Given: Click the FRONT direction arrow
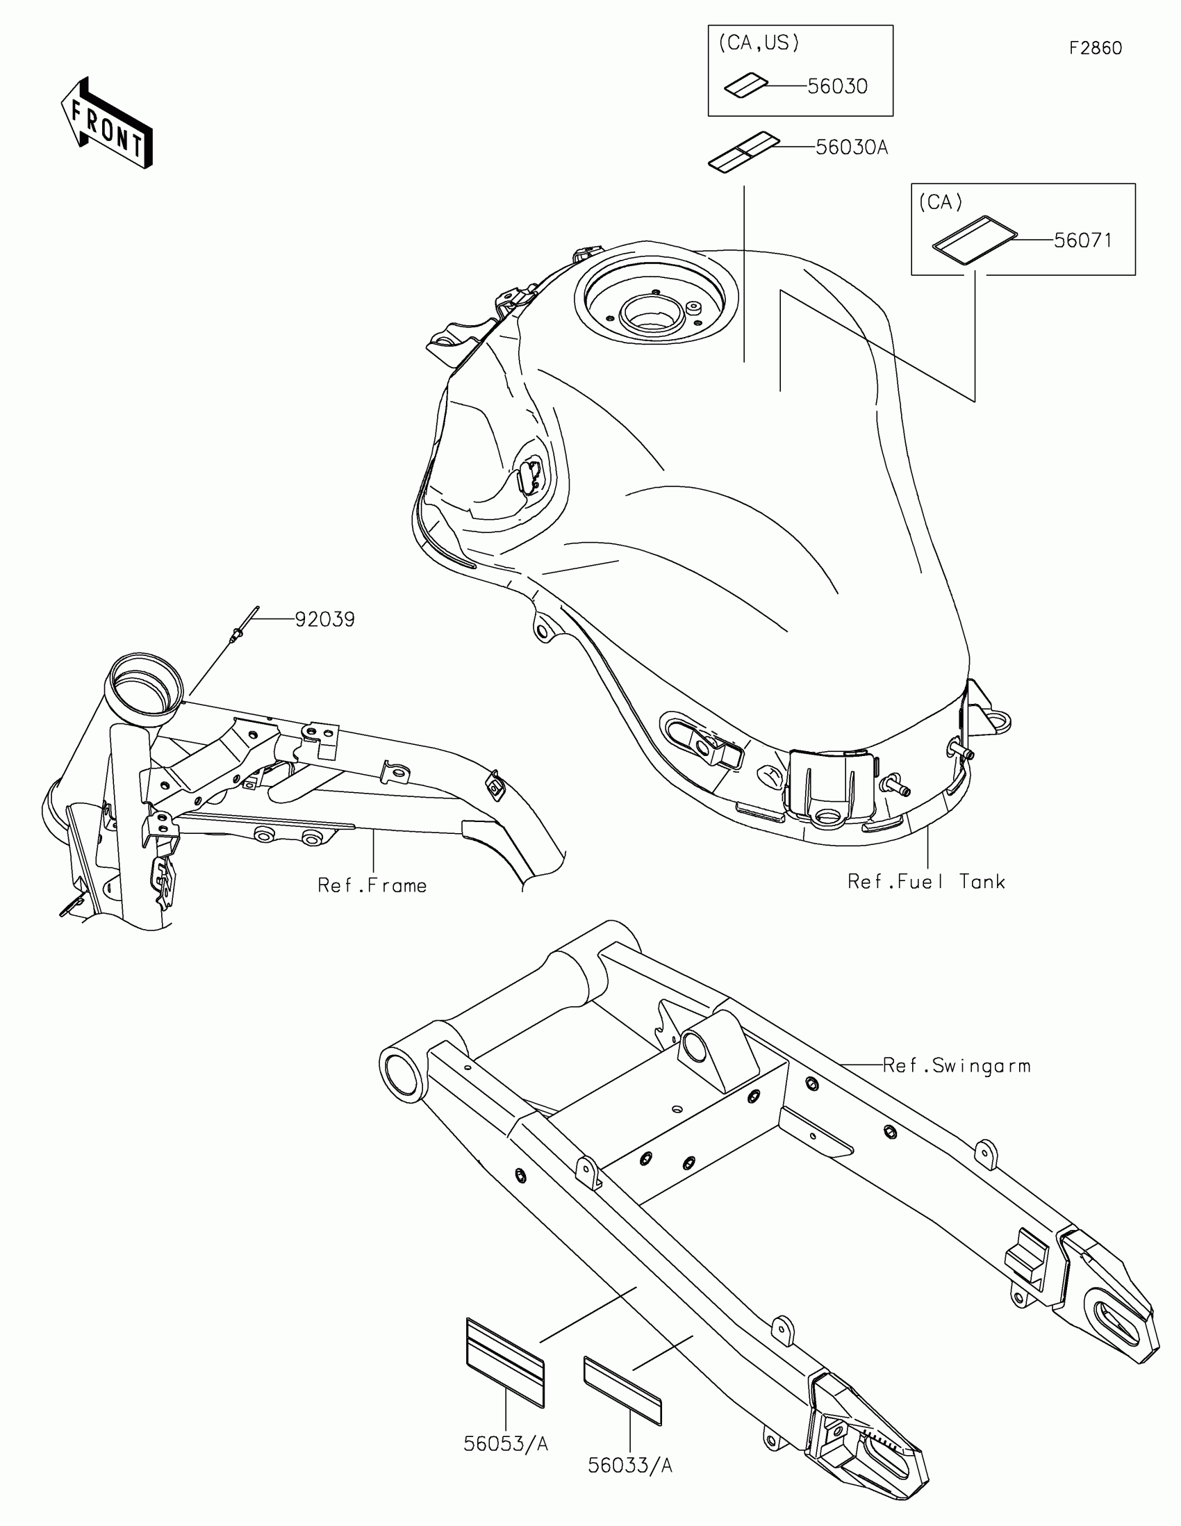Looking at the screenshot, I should click(106, 124).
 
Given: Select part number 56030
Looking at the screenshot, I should click(836, 87).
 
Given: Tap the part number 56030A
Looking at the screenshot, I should click(851, 147).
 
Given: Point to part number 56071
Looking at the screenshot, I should click(1082, 240).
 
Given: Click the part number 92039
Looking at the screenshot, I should click(324, 620).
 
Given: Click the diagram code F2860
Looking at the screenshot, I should click(1095, 48).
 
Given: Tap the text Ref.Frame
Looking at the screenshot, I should click(372, 886).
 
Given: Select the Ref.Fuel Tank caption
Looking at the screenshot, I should click(926, 882).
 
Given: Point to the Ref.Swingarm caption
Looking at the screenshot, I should click(956, 1065).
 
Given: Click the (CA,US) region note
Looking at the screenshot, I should click(759, 43).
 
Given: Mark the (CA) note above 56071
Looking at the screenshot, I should click(940, 203).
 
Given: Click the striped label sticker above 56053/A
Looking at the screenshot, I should click(505, 1362).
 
